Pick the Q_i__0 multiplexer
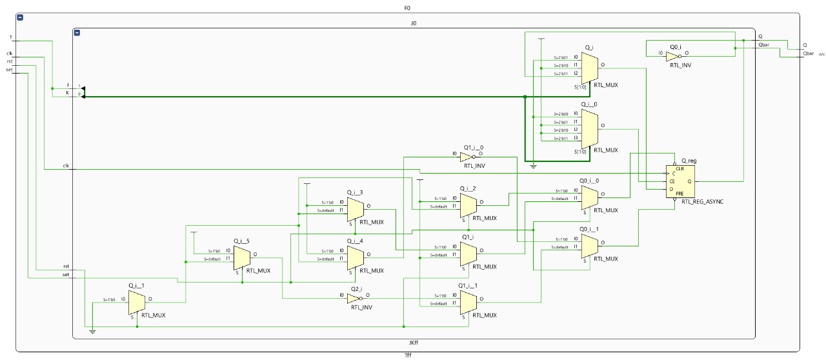coord(589,127)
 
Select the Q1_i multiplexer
coord(468,252)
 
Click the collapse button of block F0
coord(20,17)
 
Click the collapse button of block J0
coord(77,33)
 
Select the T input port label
coord(10,37)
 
